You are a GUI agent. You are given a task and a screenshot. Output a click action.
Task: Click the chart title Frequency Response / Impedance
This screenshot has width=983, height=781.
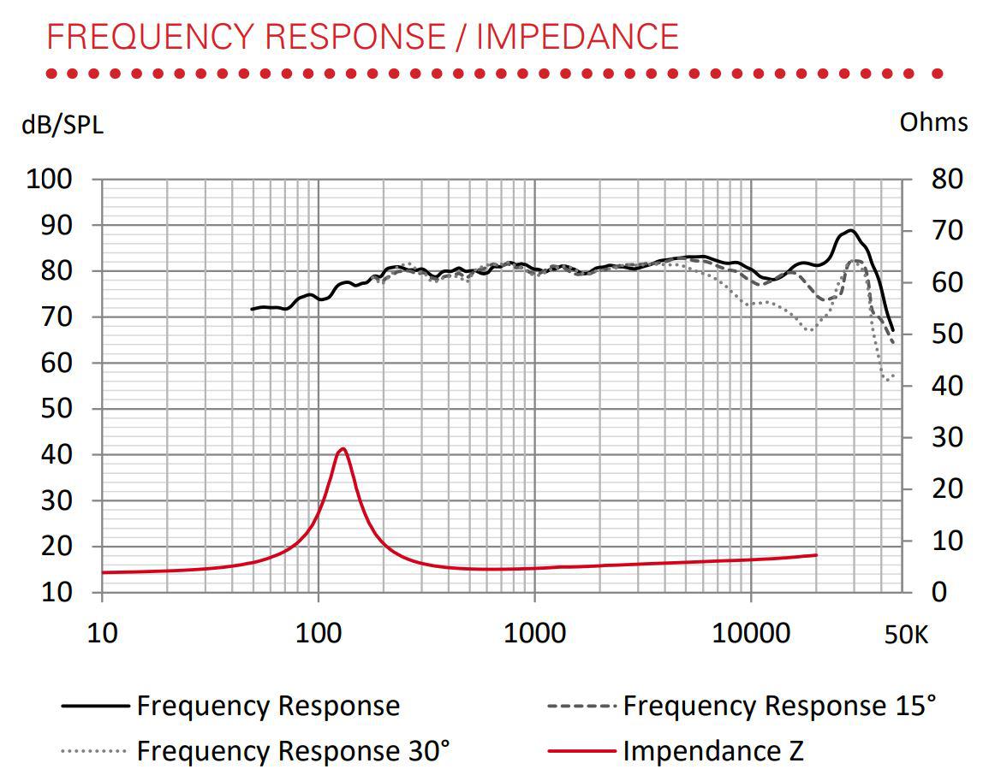click(362, 37)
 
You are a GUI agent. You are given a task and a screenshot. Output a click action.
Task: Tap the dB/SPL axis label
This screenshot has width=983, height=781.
click(63, 126)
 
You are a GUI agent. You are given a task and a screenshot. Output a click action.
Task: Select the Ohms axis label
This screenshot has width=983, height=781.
click(933, 122)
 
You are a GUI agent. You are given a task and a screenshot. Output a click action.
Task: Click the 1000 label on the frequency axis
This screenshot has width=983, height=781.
click(534, 634)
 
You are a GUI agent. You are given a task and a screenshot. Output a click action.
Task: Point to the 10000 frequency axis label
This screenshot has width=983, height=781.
click(750, 634)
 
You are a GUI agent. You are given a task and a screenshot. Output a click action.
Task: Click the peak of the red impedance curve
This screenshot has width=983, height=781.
click(343, 448)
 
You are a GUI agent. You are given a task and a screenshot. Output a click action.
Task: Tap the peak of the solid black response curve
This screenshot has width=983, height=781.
click(849, 230)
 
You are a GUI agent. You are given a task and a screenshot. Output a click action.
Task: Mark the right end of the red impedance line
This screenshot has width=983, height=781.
click(816, 555)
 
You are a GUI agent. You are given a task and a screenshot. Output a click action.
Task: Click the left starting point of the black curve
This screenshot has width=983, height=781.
click(252, 309)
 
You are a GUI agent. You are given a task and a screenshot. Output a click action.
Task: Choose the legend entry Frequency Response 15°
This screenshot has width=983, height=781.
click(779, 707)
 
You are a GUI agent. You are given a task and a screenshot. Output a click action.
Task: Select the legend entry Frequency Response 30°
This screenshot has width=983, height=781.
click(293, 751)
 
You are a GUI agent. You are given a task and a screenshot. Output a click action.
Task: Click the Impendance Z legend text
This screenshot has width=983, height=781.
click(713, 751)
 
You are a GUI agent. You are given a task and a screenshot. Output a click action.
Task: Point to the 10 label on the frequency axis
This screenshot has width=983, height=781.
click(102, 634)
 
